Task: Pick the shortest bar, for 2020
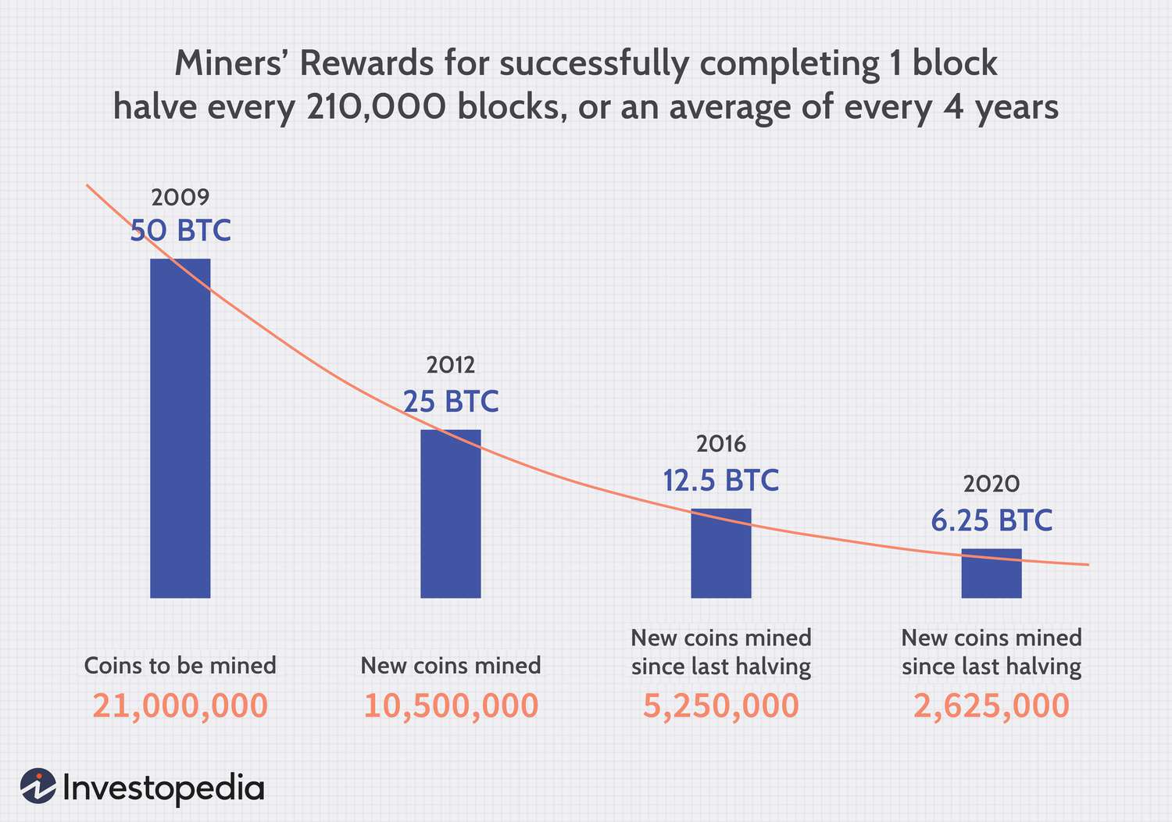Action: tap(991, 574)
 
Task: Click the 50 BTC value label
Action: tap(180, 231)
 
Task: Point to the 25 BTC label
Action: tap(451, 401)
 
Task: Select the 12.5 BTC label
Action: tap(720, 481)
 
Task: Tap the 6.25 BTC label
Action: tap(991, 520)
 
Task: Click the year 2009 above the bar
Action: tap(180, 196)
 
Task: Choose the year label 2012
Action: tap(451, 365)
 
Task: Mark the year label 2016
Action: tap(720, 445)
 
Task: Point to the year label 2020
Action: tap(991, 484)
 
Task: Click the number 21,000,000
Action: tap(180, 706)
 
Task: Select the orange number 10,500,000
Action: tap(451, 706)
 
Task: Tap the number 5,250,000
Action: tap(720, 706)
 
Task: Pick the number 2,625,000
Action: tap(991, 706)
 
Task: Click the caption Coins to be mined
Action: tap(180, 666)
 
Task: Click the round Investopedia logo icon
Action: tap(38, 786)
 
